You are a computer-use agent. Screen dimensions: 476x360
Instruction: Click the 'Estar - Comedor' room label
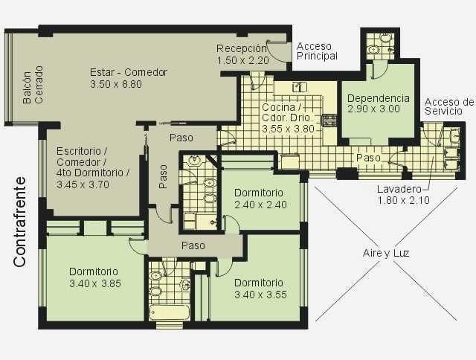(x=129, y=72)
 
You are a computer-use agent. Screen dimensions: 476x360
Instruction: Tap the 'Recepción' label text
(x=242, y=48)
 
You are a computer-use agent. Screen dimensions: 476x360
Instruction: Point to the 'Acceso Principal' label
(x=317, y=51)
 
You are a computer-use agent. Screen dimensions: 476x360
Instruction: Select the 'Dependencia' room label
(x=379, y=98)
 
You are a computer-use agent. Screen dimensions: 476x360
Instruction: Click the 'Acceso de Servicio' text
(x=449, y=106)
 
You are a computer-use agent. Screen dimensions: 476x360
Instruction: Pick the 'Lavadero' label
(x=399, y=189)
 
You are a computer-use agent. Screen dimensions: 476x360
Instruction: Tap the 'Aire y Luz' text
(x=386, y=253)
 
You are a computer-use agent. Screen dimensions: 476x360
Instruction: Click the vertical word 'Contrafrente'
(x=19, y=222)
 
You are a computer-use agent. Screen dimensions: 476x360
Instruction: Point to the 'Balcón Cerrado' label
(x=33, y=86)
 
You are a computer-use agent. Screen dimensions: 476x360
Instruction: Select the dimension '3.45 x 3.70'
(x=83, y=184)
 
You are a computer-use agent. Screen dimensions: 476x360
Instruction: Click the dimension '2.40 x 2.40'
(x=260, y=205)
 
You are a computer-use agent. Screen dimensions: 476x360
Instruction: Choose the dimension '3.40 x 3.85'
(x=95, y=283)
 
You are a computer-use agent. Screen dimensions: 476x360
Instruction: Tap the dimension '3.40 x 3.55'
(x=260, y=295)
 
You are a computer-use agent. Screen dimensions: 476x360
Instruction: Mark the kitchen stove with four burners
(x=329, y=120)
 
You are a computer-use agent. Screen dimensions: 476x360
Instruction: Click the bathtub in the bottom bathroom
(x=170, y=312)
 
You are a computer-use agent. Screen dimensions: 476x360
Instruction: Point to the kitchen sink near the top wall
(x=299, y=87)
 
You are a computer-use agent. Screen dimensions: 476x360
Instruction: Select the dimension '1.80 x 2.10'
(x=403, y=201)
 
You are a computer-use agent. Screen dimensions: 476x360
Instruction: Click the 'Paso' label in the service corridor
(x=368, y=158)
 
